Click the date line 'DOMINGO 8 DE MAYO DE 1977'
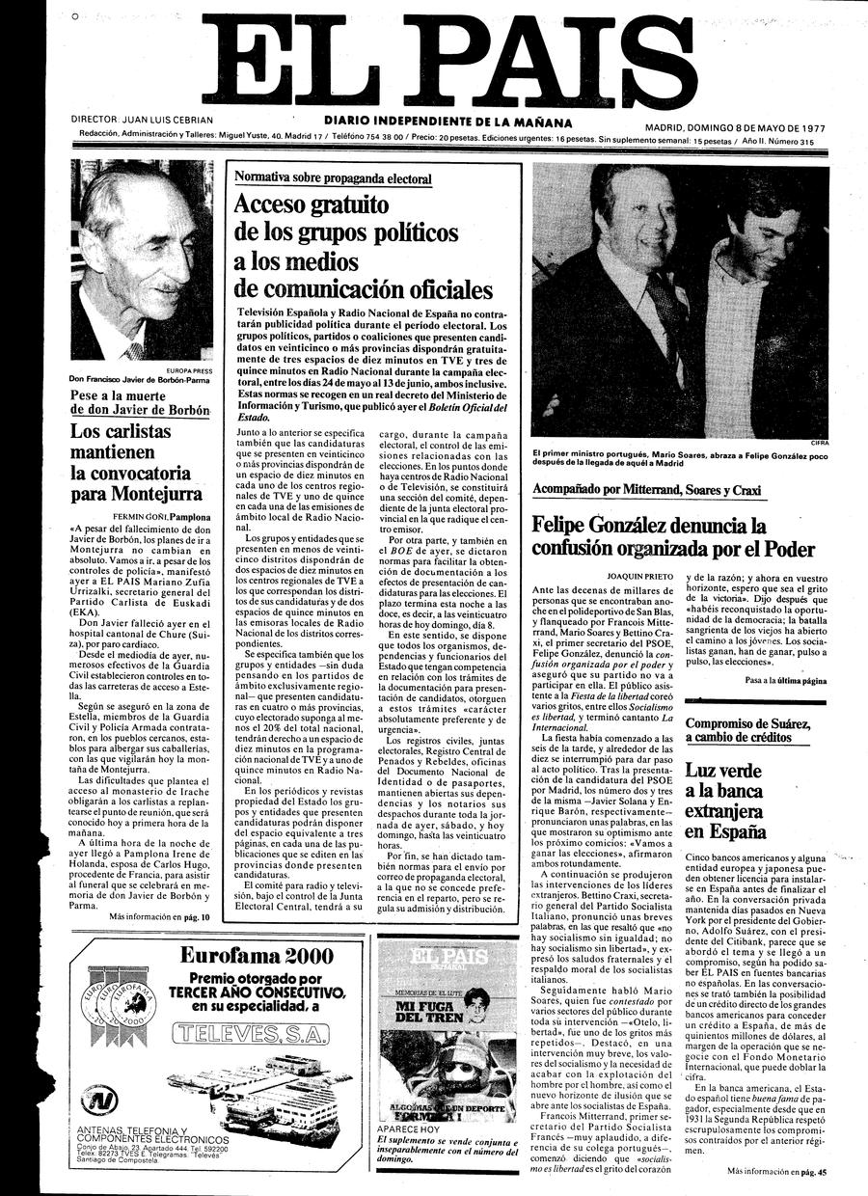coord(763,127)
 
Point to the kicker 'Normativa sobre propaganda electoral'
coord(334,178)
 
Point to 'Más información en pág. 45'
coord(776,1171)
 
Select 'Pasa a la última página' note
coord(786,681)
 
